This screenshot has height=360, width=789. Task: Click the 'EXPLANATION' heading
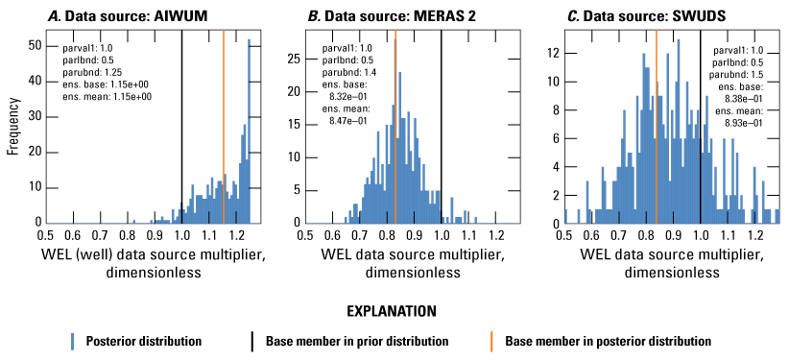click(x=394, y=311)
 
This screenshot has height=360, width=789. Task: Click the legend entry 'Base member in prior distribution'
click(x=357, y=342)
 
